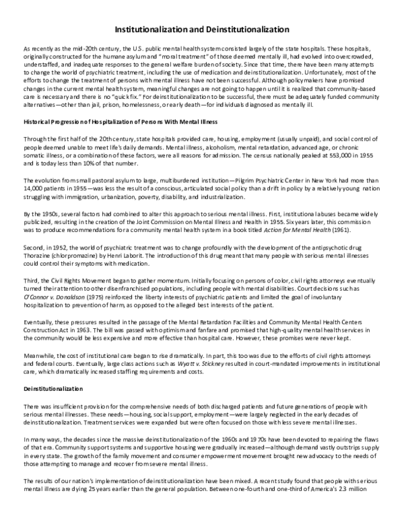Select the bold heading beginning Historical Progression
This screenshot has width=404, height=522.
(125, 121)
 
